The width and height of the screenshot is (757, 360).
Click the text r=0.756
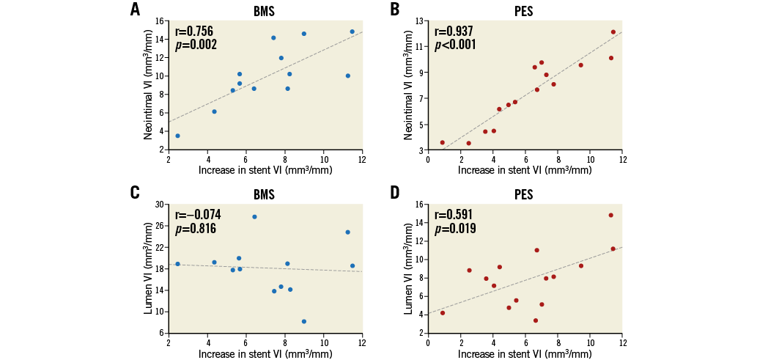point(194,32)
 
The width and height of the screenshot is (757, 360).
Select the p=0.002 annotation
point(196,45)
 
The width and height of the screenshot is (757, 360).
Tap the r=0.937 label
point(454,32)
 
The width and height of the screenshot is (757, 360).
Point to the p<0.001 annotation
point(455,45)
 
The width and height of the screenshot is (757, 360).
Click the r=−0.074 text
point(198,215)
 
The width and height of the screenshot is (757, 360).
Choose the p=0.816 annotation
point(196,229)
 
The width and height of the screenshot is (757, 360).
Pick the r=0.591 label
point(454,215)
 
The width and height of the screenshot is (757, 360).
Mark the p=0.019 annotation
point(455,229)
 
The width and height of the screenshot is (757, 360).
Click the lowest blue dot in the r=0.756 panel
point(177,136)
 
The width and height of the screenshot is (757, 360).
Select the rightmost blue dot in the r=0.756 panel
point(352,32)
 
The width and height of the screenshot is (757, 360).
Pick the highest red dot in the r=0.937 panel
point(613,32)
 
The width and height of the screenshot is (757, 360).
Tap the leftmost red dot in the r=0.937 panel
point(443,142)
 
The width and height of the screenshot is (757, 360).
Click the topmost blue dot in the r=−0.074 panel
point(254,216)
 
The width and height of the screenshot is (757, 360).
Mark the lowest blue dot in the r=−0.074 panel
point(304,321)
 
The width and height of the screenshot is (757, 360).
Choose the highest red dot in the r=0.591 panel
point(611,215)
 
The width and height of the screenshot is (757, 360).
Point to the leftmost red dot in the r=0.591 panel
point(443,312)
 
